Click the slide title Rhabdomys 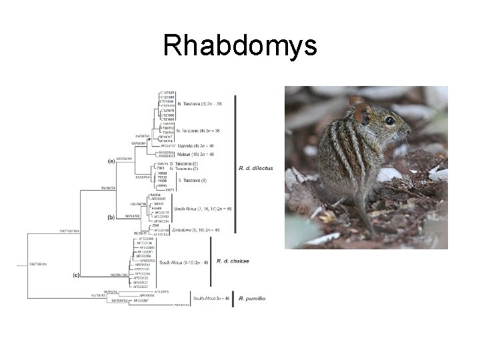coord(240,47)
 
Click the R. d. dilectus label coord(255,169)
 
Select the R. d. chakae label coord(233,261)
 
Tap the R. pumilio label coord(252,298)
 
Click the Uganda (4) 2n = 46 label coord(197,145)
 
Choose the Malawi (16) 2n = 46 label coord(196,153)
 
